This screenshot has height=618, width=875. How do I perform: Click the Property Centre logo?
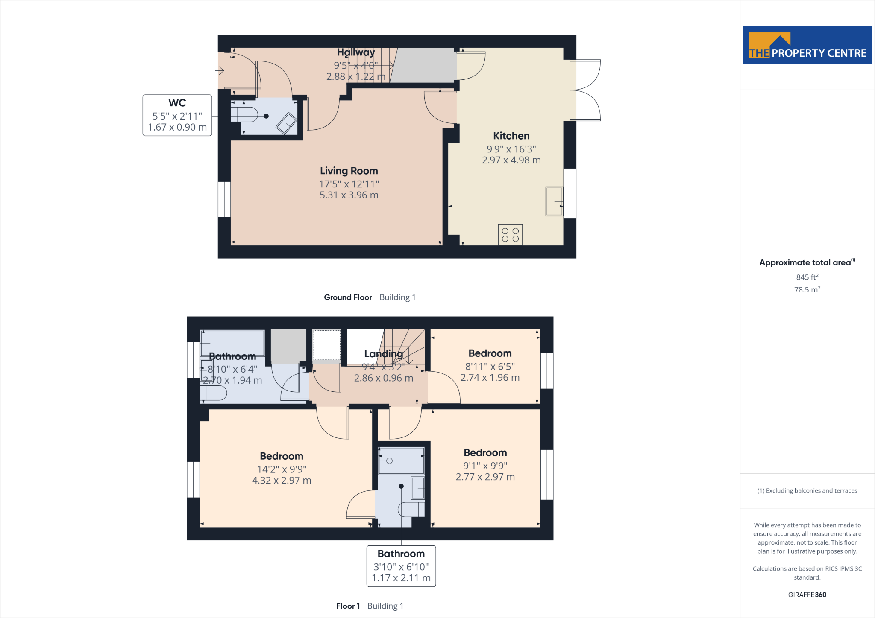807,45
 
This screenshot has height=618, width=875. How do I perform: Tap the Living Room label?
349,171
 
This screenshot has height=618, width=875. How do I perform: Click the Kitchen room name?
511,136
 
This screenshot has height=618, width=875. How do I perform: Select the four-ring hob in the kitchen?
510,235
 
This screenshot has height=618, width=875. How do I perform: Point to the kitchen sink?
555,201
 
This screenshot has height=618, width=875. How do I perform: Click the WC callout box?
177,115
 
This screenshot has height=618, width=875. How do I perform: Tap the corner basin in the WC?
286,123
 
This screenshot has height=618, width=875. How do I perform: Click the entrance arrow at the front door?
220,70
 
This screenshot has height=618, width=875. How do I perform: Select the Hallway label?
356,52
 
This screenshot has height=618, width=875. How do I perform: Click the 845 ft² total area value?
807,277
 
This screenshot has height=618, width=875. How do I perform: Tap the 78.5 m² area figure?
807,289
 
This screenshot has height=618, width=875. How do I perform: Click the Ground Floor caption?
348,297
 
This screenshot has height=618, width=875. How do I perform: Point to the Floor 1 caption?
348,606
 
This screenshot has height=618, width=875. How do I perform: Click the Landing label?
384,354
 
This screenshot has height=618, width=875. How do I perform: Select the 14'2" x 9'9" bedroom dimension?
282,469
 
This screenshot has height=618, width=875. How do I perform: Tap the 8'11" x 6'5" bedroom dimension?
490,366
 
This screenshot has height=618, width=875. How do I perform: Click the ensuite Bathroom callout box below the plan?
401,566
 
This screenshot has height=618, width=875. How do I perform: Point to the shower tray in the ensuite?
401,461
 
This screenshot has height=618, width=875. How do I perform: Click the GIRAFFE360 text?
807,595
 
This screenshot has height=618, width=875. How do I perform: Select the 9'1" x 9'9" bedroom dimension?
485,466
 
